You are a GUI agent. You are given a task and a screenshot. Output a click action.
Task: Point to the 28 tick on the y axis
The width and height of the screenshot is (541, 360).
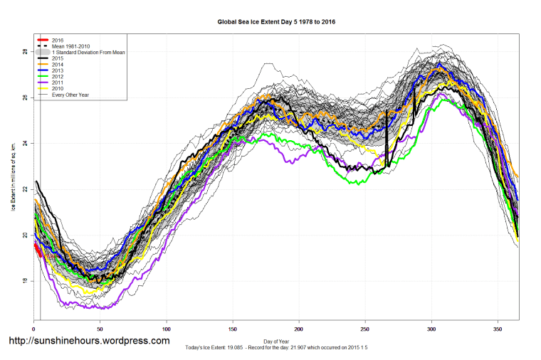click(25, 52)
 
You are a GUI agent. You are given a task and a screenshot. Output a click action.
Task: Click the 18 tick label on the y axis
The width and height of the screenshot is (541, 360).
click(25, 281)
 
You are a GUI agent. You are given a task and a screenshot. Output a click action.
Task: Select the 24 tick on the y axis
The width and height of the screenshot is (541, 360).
click(25, 144)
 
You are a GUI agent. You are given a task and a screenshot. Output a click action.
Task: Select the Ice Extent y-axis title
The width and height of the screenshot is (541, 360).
click(14, 178)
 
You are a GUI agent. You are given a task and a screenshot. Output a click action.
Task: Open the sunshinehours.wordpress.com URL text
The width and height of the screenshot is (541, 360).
click(88, 341)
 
